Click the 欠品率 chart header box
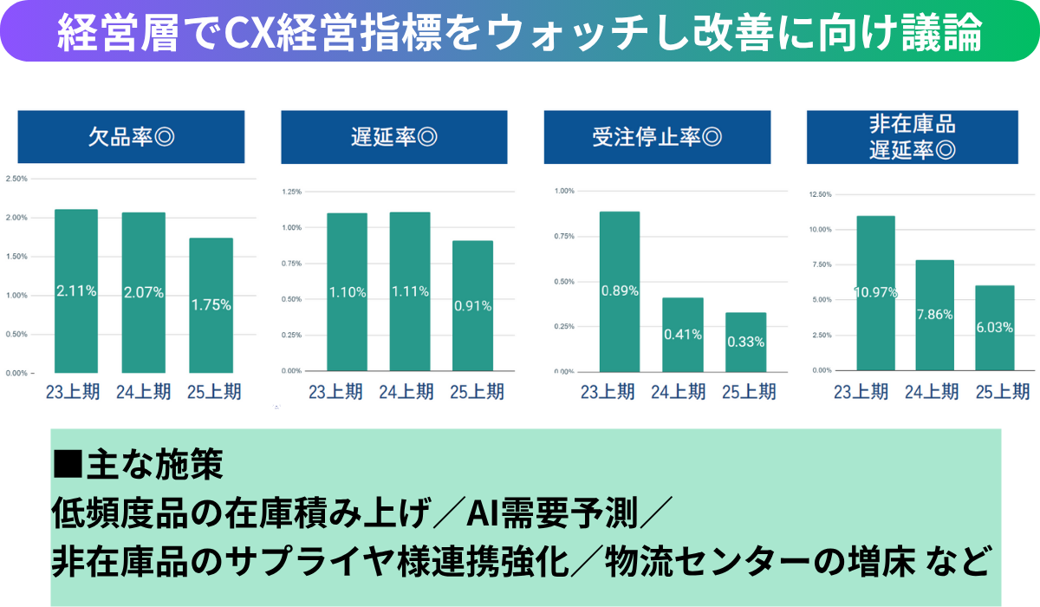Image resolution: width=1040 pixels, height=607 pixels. [131, 137]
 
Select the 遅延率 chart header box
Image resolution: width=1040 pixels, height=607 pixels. [393, 137]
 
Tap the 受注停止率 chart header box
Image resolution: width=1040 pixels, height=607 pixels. [656, 137]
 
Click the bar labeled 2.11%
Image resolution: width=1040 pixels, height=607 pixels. [76, 290]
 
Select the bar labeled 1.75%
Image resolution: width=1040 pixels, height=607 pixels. [211, 305]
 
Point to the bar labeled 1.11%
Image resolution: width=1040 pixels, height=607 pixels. [409, 291]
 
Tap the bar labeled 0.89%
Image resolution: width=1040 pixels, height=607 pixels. [620, 291]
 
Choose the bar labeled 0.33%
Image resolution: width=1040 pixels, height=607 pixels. [745, 342]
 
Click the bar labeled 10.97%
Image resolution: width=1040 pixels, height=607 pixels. [875, 293]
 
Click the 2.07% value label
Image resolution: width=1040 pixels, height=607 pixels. [144, 292]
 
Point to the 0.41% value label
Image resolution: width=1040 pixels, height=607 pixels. [683, 333]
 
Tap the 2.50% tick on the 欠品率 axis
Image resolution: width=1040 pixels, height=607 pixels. [16, 179]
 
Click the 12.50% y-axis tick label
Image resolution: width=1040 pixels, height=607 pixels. [820, 194]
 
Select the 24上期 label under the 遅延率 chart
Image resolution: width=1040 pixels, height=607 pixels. [406, 392]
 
